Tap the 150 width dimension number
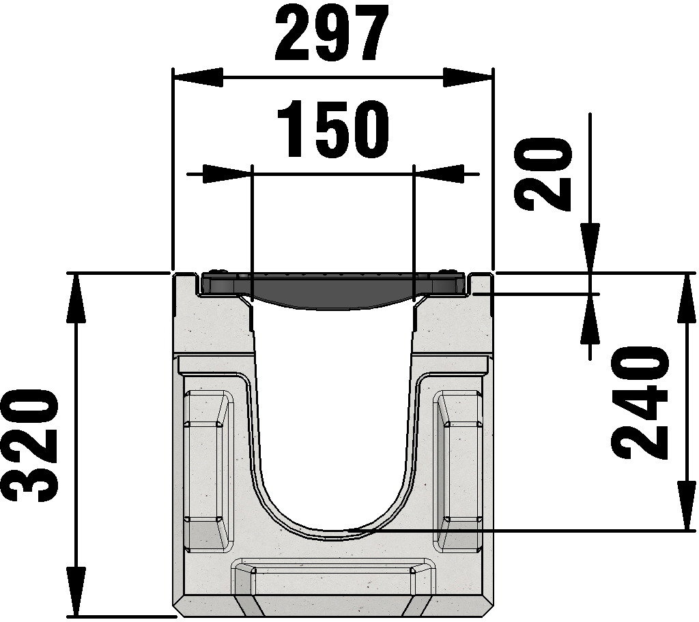(332, 130)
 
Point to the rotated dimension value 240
(640, 403)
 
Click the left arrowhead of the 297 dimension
(197, 76)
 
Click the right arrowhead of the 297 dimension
(468, 76)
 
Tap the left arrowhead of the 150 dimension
(227, 174)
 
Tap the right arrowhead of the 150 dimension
(439, 174)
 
